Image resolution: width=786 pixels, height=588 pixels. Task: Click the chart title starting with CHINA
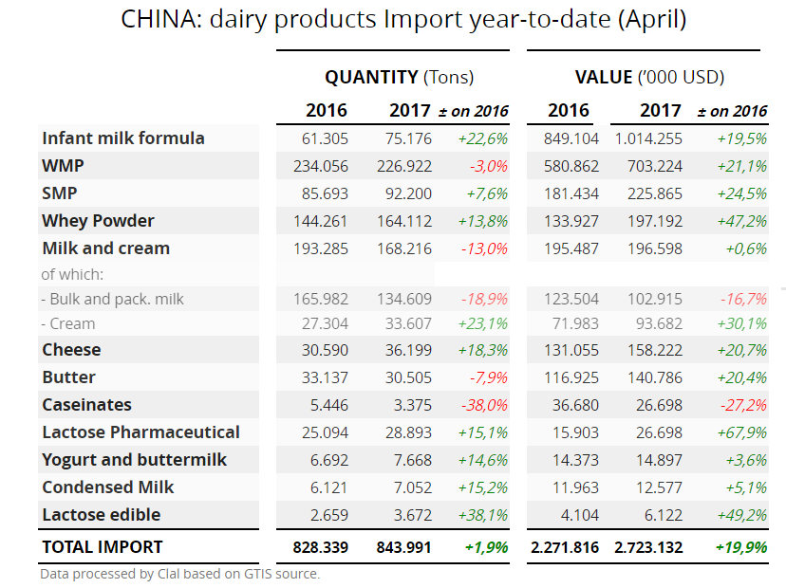click(403, 19)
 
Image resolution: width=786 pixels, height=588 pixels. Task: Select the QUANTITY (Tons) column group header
click(399, 77)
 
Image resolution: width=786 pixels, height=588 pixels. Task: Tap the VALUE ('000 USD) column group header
click(649, 77)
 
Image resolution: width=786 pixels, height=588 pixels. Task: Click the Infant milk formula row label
click(123, 138)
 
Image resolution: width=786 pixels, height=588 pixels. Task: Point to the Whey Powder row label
click(98, 221)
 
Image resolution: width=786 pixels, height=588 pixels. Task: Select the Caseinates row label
click(86, 405)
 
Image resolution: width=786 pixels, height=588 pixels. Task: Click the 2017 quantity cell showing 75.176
click(408, 138)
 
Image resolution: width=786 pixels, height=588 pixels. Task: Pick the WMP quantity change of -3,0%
click(488, 166)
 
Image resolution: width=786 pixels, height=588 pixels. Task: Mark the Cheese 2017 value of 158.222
click(655, 350)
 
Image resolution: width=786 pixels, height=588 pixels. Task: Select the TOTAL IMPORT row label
click(103, 547)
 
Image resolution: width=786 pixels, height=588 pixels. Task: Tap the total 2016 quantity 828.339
click(321, 547)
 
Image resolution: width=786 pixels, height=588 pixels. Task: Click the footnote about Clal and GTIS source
click(179, 574)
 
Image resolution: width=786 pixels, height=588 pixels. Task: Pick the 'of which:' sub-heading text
click(71, 274)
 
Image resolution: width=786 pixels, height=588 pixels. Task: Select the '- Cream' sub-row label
click(68, 323)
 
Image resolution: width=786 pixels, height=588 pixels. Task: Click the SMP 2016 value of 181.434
click(572, 193)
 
